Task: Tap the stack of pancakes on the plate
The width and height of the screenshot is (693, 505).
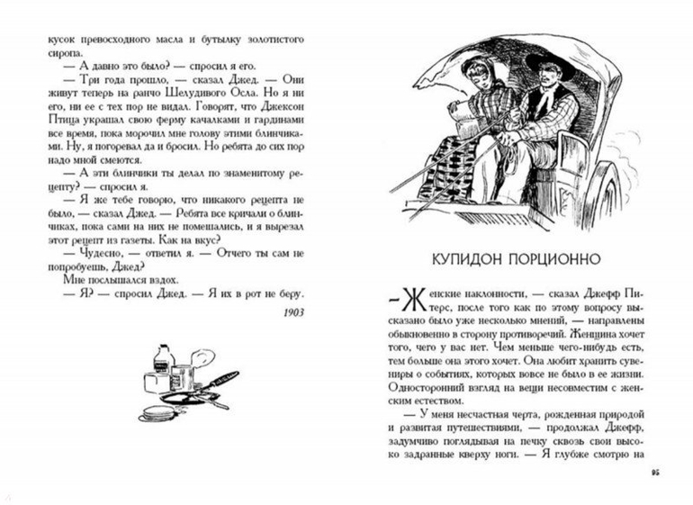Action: [157, 413]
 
